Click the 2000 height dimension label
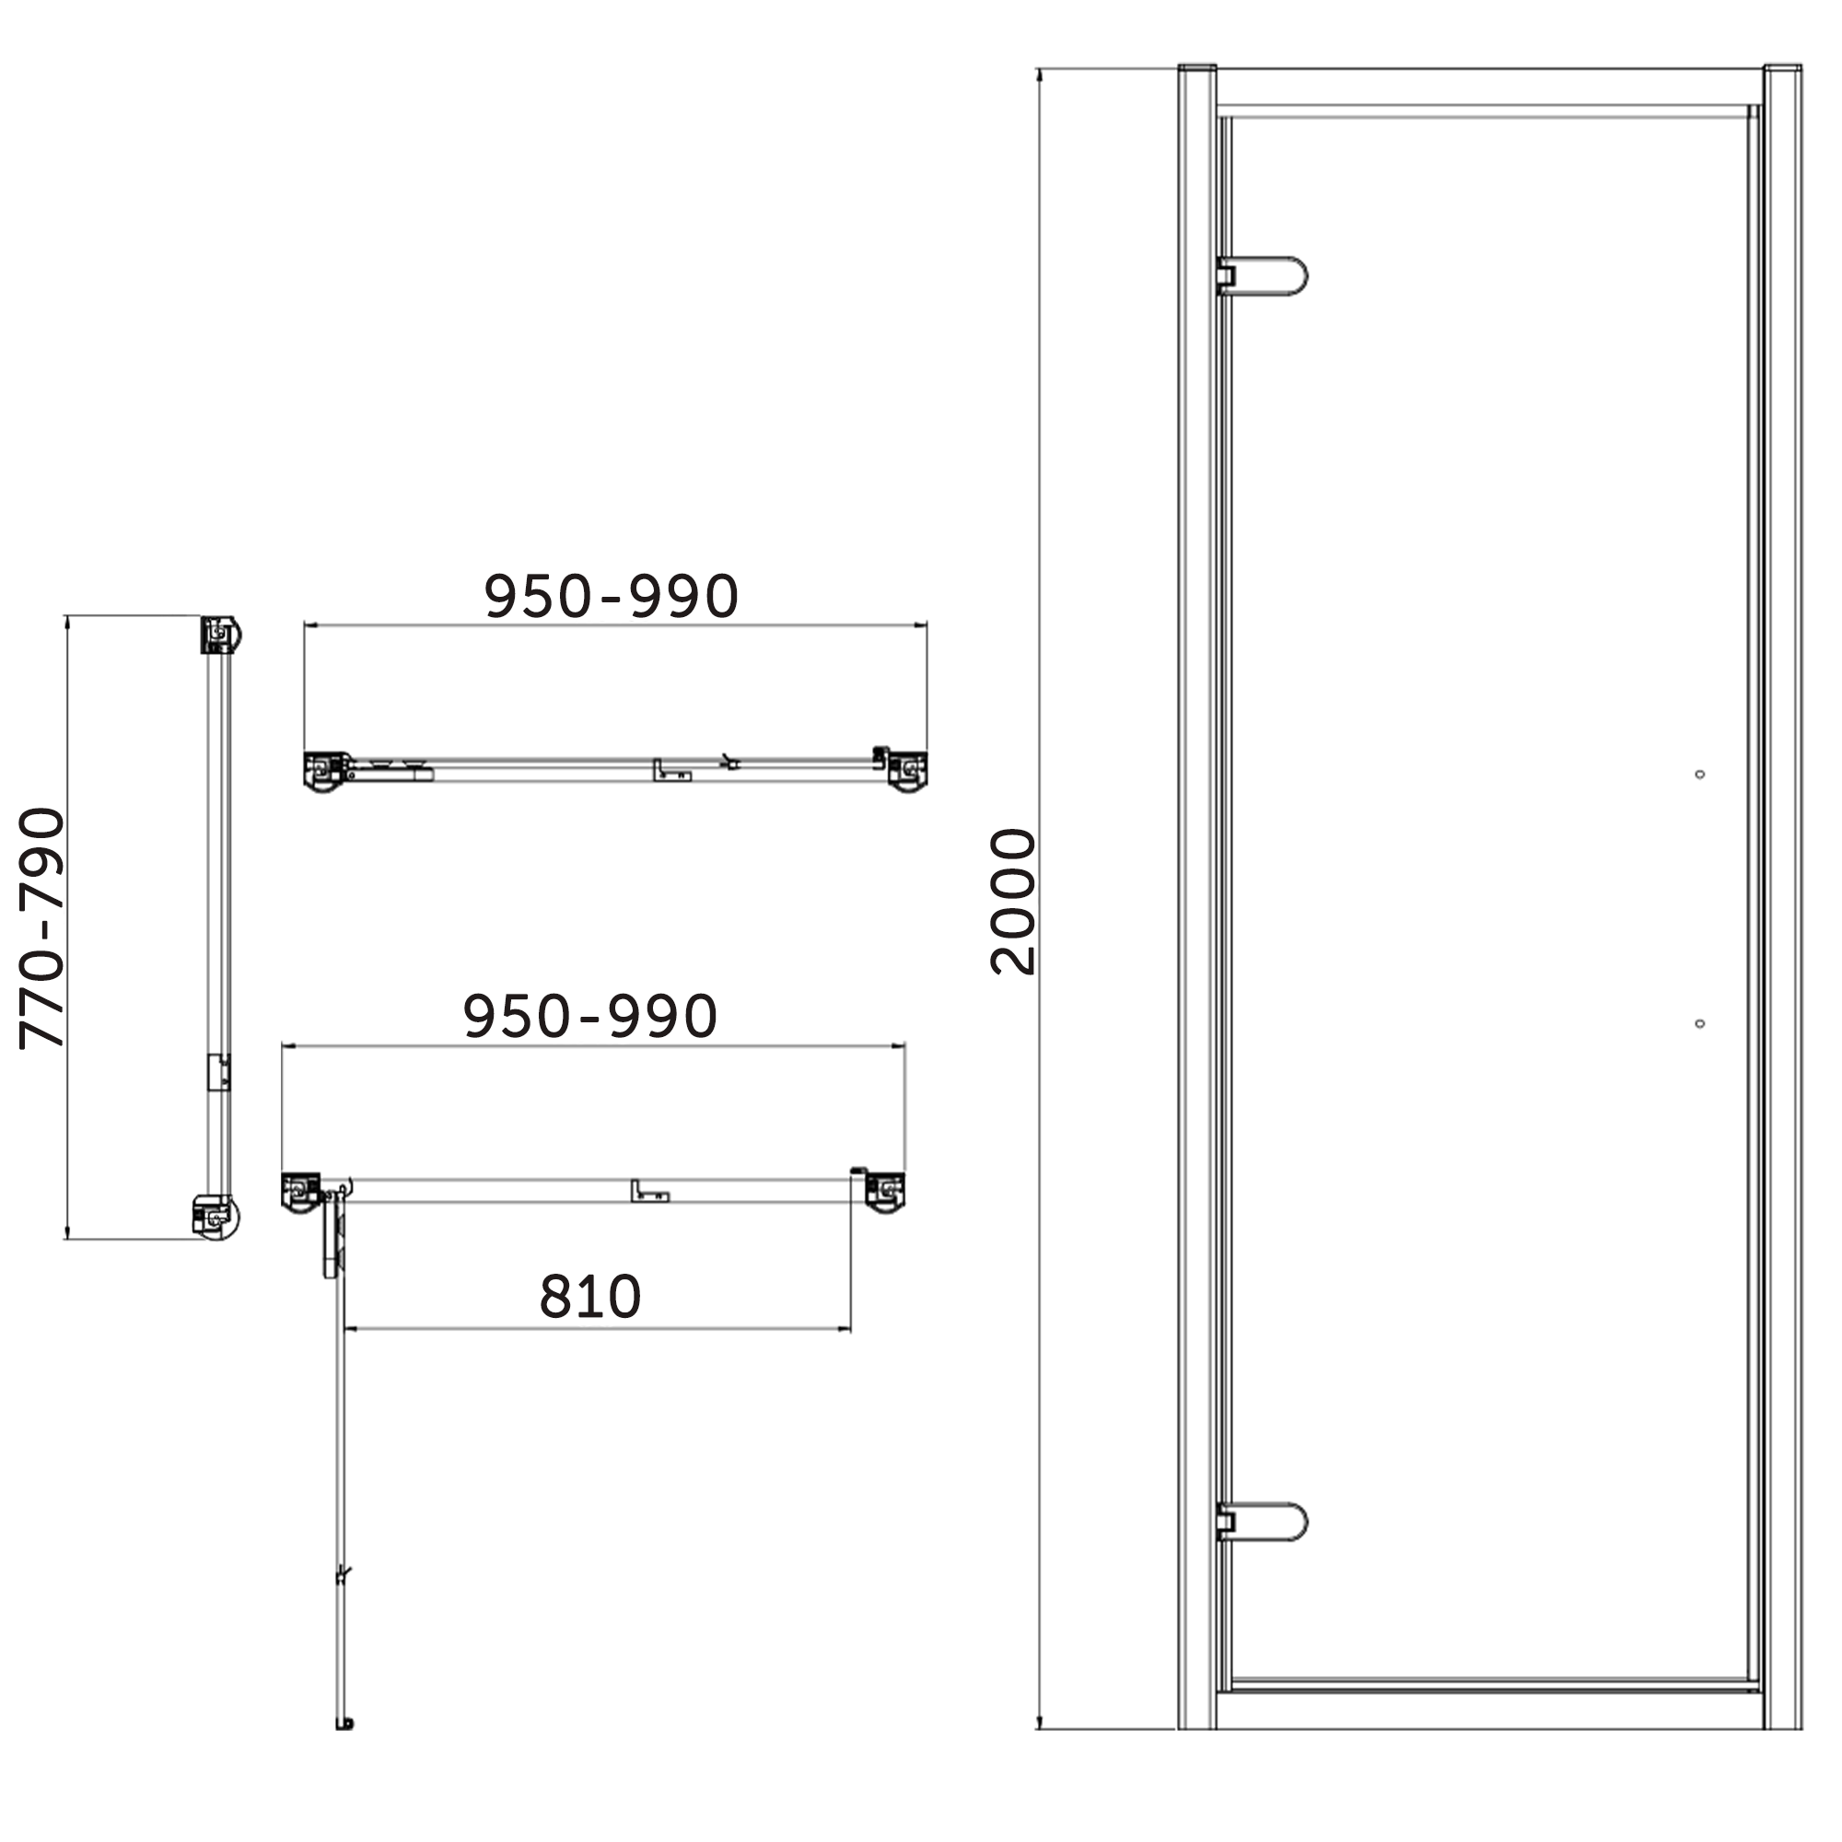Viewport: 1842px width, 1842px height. click(1012, 901)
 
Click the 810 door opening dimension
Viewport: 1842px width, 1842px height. click(590, 1297)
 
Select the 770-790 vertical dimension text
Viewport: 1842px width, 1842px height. click(43, 927)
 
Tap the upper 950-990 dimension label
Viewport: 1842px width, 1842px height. click(612, 597)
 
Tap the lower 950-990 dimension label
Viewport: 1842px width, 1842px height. click(589, 1017)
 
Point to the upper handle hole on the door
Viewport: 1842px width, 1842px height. click(1700, 775)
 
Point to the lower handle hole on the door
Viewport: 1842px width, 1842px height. click(1700, 1023)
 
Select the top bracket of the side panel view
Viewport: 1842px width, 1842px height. click(220, 635)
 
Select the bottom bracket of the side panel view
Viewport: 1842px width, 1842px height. click(217, 1218)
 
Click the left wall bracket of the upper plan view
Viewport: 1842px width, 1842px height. click(325, 770)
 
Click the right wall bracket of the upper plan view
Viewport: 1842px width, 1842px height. click(906, 770)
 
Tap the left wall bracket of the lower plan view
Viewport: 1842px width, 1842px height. click(302, 1192)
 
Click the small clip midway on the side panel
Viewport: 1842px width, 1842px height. click(219, 1072)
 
